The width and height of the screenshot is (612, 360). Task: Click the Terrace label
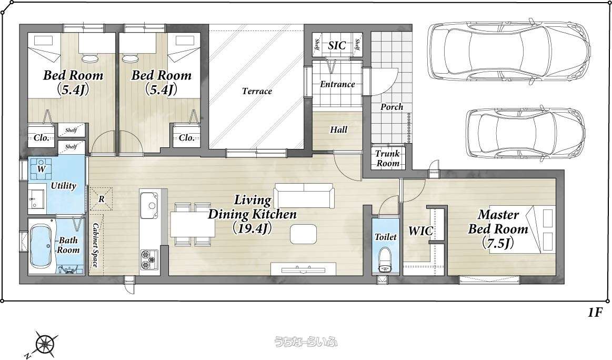click(x=257, y=92)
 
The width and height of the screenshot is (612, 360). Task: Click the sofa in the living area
click(x=304, y=196)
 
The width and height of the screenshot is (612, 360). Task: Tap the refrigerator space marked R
click(x=101, y=199)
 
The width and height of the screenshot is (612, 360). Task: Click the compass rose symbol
click(x=44, y=344)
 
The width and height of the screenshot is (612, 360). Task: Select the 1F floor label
click(x=594, y=313)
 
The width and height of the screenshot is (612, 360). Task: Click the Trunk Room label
click(x=388, y=158)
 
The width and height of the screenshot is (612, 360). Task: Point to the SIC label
click(x=337, y=45)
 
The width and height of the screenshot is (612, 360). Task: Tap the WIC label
click(x=420, y=231)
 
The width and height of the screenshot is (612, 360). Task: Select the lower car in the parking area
click(x=526, y=134)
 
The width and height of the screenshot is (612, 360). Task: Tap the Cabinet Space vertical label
click(x=95, y=245)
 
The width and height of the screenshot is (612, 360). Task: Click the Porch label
click(x=392, y=107)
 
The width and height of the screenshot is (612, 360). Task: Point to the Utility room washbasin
click(x=37, y=199)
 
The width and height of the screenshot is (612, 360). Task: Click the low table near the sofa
click(x=304, y=234)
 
